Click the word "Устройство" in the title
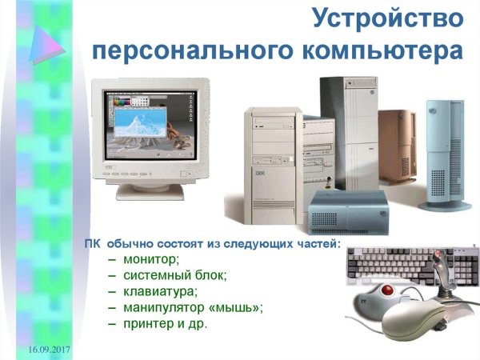(x=387, y=18)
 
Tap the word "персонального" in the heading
(x=194, y=50)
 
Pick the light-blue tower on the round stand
(x=444, y=152)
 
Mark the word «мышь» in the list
(x=234, y=307)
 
